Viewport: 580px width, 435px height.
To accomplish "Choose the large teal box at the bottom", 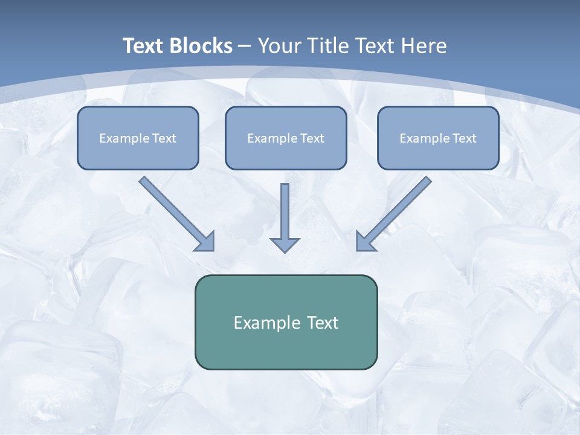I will tap(286, 347).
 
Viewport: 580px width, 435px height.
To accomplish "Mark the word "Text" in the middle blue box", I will tap(312, 138).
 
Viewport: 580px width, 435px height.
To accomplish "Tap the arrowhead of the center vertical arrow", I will tap(285, 245).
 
